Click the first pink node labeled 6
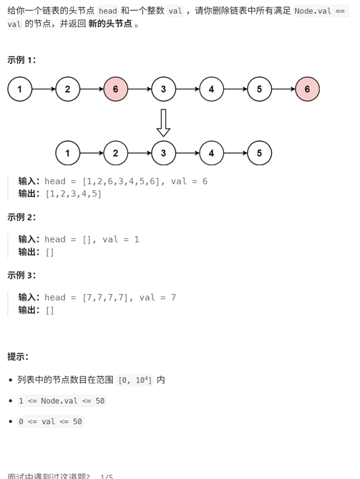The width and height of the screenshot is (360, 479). tap(116, 89)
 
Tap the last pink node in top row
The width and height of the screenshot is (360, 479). tap(307, 89)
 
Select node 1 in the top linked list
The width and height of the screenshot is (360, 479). tap(20, 89)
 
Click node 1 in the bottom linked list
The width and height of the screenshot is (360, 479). tap(67, 153)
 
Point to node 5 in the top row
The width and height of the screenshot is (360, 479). tap(259, 89)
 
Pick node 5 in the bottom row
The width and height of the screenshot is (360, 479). tap(259, 153)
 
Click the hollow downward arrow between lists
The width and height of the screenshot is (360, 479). tap(163, 122)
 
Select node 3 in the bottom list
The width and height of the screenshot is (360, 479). tap(163, 153)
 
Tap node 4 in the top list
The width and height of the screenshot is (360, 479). tap(212, 89)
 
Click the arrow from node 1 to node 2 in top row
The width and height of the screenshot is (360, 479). tap(43, 89)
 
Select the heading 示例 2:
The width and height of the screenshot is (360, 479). tap(22, 217)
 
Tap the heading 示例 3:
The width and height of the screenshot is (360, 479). tap(22, 275)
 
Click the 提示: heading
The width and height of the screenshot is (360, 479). tap(18, 357)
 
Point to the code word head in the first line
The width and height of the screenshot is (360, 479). tap(108, 11)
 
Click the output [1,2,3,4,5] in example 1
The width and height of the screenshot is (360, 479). tap(73, 194)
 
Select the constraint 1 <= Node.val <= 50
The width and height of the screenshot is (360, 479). tap(62, 401)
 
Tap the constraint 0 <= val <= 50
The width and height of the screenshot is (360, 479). tap(51, 421)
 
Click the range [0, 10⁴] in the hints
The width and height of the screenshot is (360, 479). tap(135, 380)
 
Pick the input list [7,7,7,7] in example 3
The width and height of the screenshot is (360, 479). tap(105, 298)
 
